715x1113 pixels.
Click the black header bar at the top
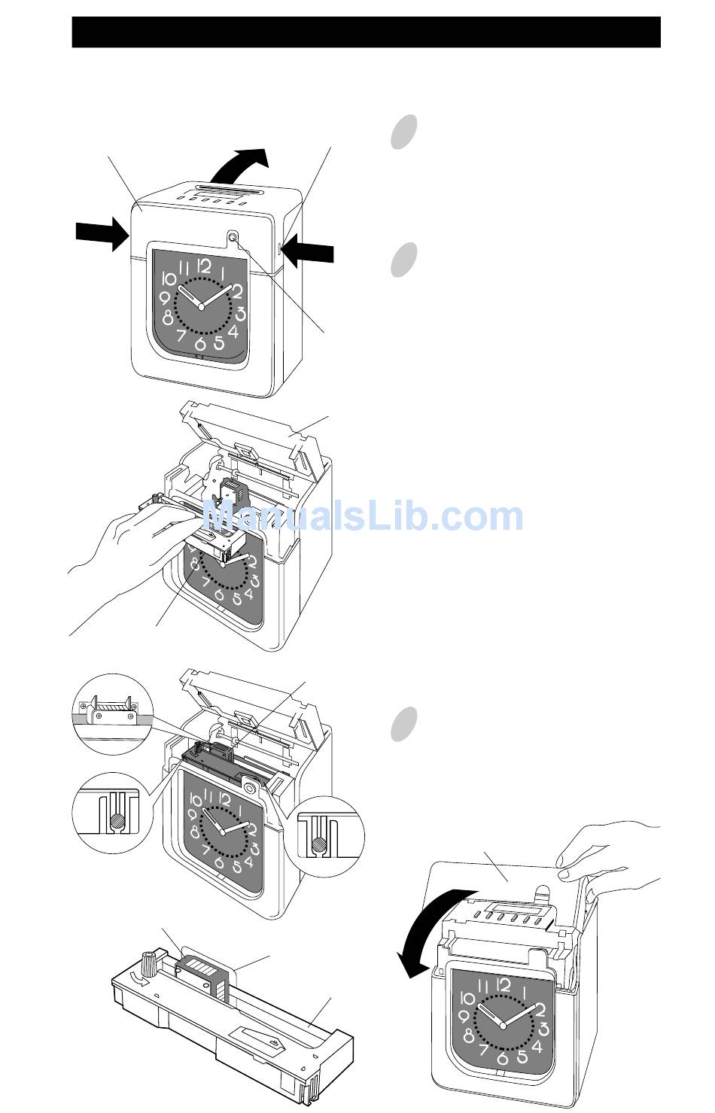pos(367,32)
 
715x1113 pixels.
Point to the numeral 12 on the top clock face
pos(204,266)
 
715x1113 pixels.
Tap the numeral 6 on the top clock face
pos(200,343)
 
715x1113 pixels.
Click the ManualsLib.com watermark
pos(363,517)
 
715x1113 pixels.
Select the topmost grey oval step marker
pos(403,132)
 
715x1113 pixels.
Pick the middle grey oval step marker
pos(403,260)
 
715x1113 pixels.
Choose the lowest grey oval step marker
pos(403,724)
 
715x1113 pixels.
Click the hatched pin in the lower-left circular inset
pos(117,820)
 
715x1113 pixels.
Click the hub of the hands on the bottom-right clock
pos(502,1026)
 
